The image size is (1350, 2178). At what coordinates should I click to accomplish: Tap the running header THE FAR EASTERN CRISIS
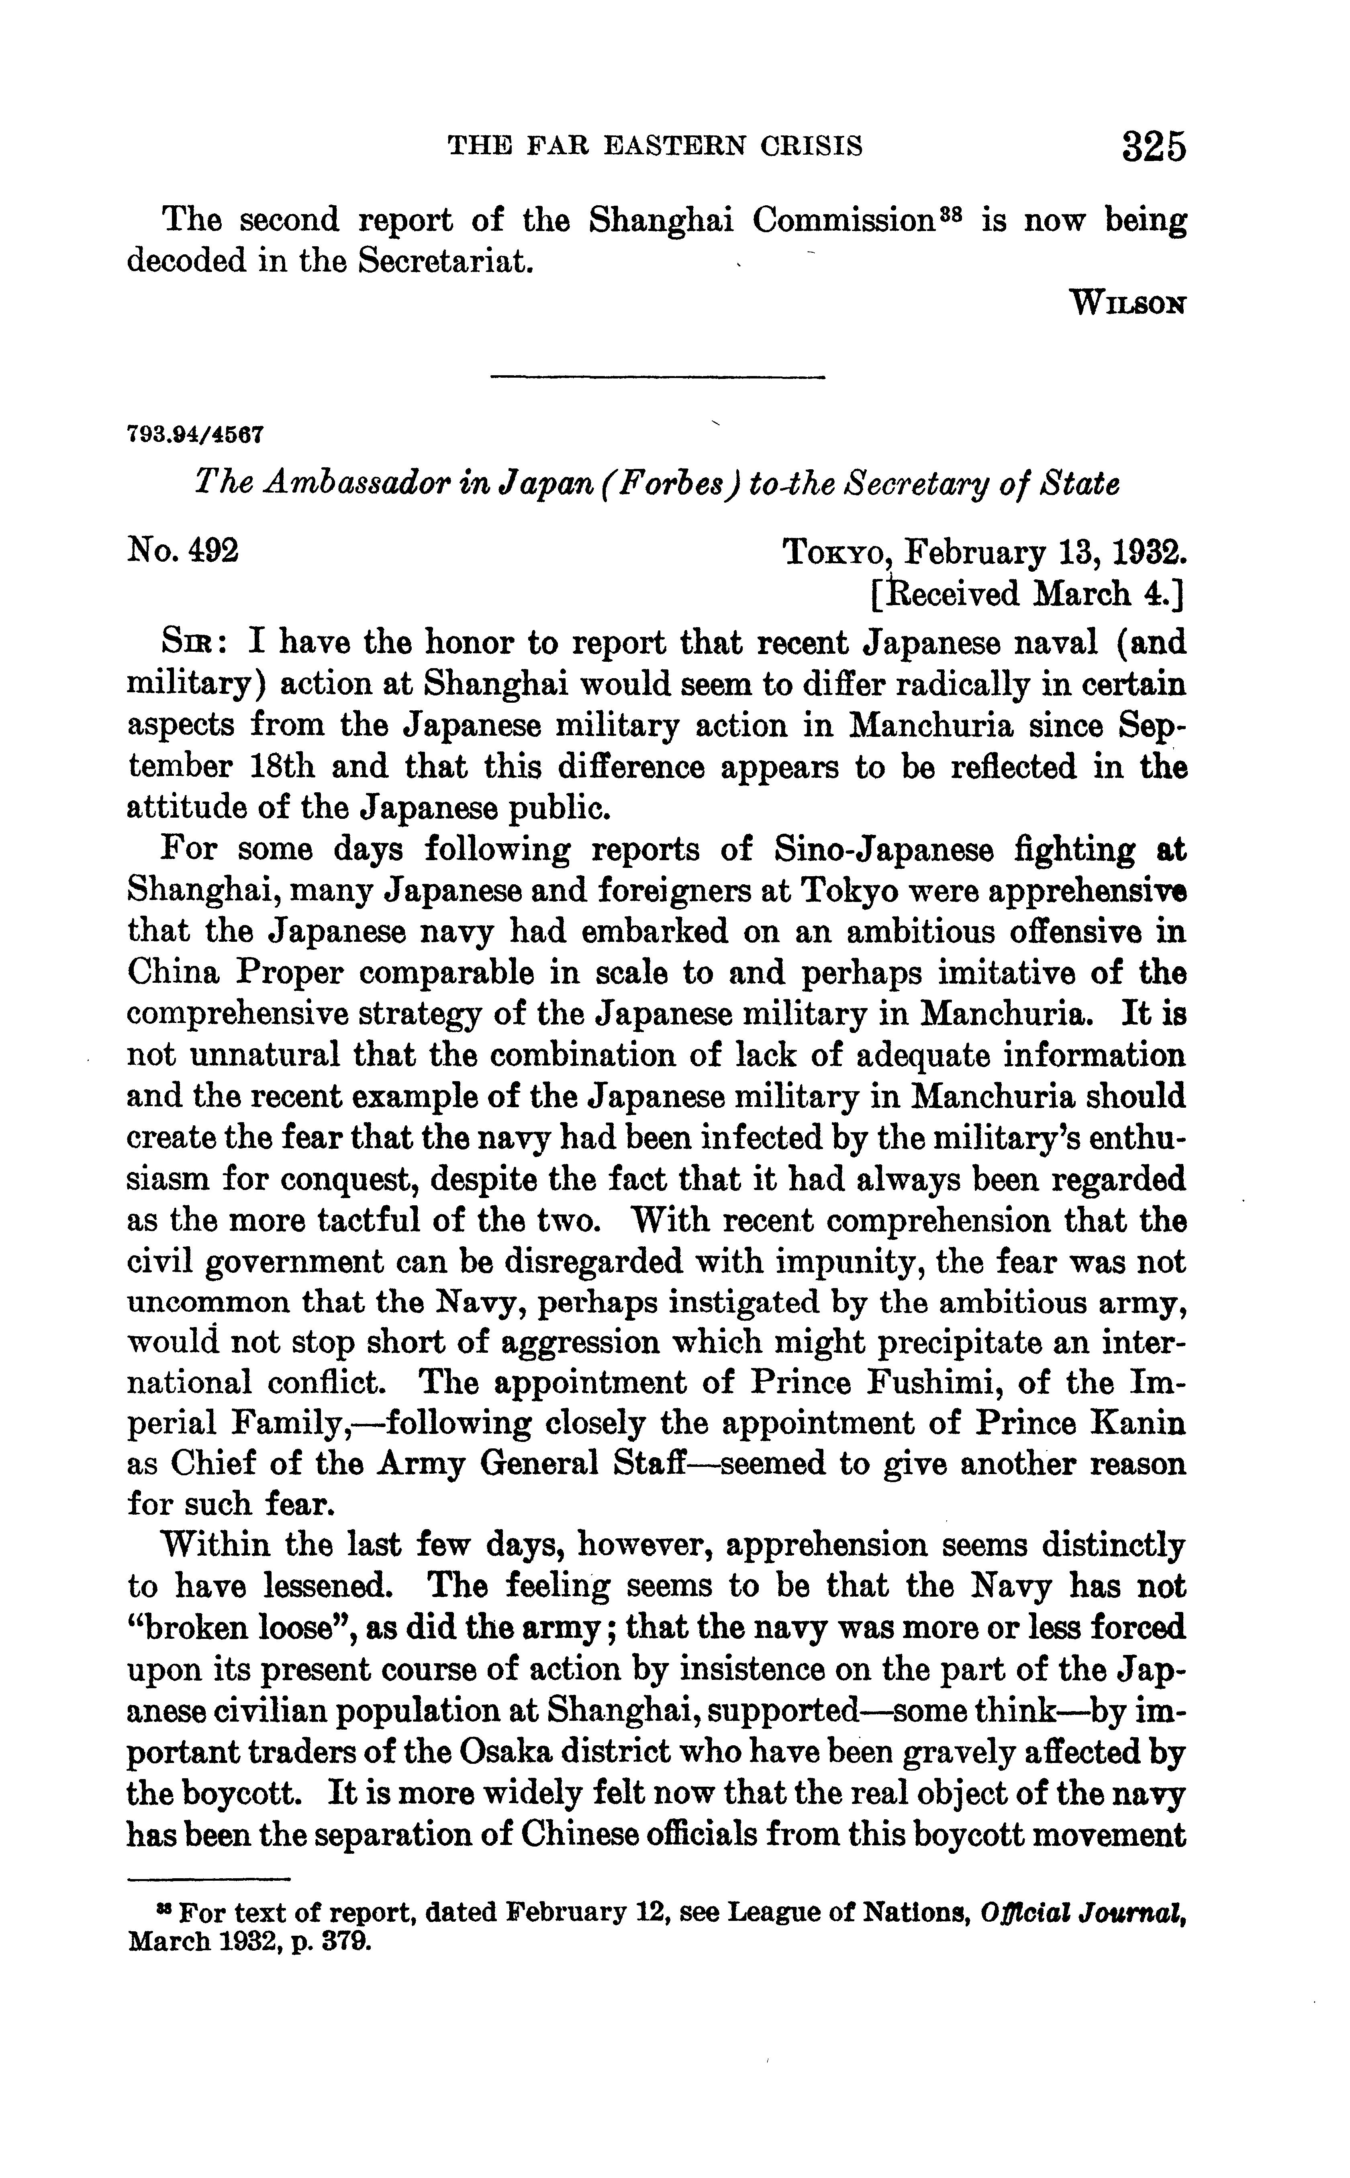coord(654,145)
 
